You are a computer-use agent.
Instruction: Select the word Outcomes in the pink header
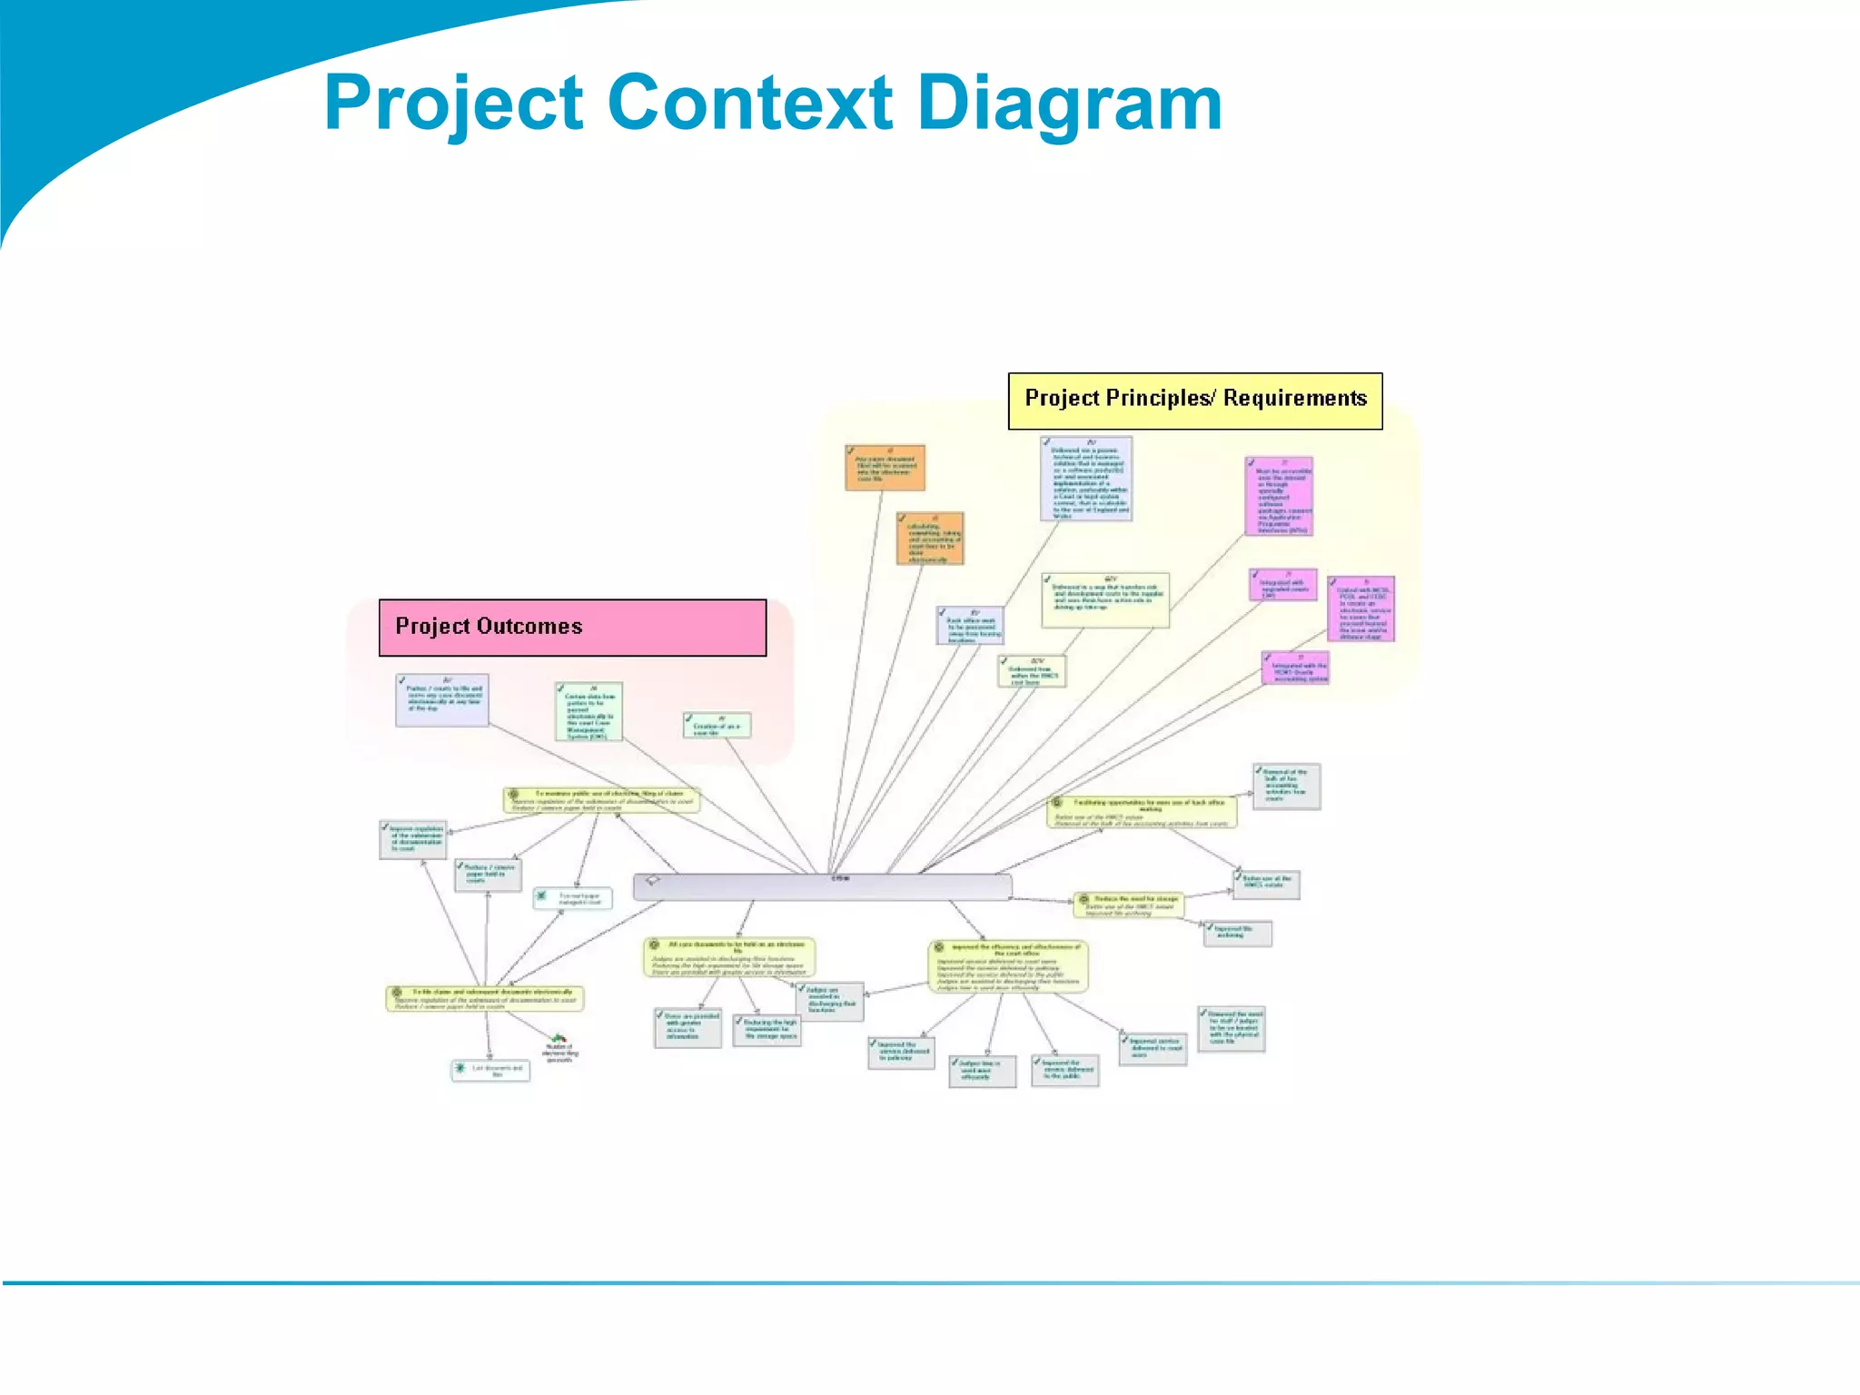(529, 627)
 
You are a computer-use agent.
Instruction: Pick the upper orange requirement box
(885, 468)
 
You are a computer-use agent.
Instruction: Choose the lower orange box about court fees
(930, 539)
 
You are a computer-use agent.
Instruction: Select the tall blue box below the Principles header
(1086, 479)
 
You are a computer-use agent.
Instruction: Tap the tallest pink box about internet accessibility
(1279, 497)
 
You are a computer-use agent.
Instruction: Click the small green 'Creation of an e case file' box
(717, 726)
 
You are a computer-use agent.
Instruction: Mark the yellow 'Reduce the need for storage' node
(1129, 905)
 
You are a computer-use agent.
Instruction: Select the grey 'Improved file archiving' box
(1237, 934)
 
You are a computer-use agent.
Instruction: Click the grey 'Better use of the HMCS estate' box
(1266, 884)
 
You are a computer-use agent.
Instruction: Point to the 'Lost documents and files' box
(490, 1071)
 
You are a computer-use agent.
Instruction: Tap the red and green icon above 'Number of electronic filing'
(559, 1038)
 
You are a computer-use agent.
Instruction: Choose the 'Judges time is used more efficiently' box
(982, 1072)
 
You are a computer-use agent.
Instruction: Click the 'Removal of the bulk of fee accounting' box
(1286, 786)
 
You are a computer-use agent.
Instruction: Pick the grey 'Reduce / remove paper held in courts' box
(488, 876)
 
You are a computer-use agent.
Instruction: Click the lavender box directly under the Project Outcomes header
(442, 699)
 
